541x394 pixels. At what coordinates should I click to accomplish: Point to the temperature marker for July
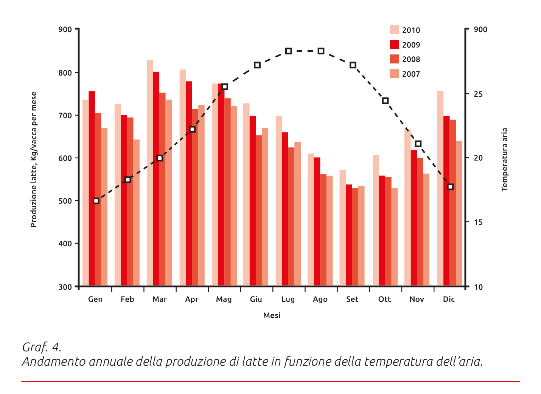click(x=289, y=51)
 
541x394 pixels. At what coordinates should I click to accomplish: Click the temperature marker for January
click(x=96, y=201)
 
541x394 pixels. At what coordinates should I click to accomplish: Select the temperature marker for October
click(x=385, y=101)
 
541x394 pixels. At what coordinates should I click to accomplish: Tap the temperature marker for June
click(x=257, y=65)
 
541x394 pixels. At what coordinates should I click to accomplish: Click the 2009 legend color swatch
click(x=394, y=45)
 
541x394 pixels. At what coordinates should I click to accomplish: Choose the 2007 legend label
click(x=411, y=74)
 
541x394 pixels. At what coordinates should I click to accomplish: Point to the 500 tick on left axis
click(x=65, y=201)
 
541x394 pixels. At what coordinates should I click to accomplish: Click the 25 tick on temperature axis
click(x=478, y=94)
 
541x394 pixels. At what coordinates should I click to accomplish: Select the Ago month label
click(x=320, y=299)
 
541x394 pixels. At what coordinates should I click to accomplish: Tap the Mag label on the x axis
click(x=224, y=299)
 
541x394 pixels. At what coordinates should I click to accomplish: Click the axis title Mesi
click(x=272, y=315)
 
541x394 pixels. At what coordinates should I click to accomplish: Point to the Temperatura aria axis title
click(x=504, y=159)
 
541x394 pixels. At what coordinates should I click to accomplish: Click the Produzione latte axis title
click(x=34, y=159)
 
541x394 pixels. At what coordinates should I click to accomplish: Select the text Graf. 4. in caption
click(x=42, y=347)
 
